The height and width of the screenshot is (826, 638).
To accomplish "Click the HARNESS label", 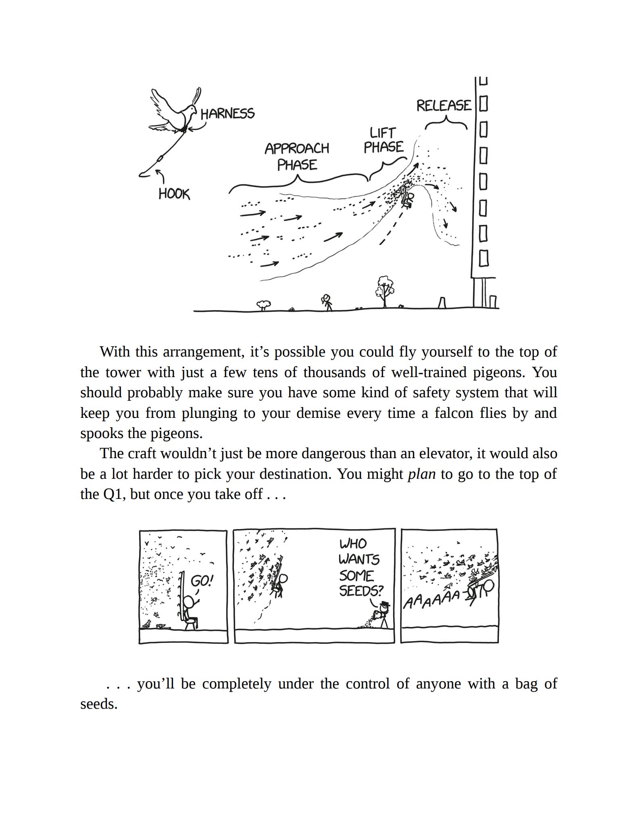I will (x=227, y=114).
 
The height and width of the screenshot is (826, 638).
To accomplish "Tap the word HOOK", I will (x=174, y=194).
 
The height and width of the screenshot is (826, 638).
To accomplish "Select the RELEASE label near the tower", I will (x=444, y=106).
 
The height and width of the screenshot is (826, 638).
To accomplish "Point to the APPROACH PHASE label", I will (x=297, y=156).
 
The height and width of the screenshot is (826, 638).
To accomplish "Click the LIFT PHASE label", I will (x=383, y=140).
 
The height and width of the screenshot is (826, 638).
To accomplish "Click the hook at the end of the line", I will (x=144, y=173).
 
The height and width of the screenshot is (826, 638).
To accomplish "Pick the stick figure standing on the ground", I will (x=327, y=302).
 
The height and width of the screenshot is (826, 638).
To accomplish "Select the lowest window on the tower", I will (x=484, y=258).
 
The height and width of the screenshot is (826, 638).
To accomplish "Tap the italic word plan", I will (x=421, y=474).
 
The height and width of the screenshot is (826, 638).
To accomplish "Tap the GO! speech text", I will (x=202, y=581).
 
